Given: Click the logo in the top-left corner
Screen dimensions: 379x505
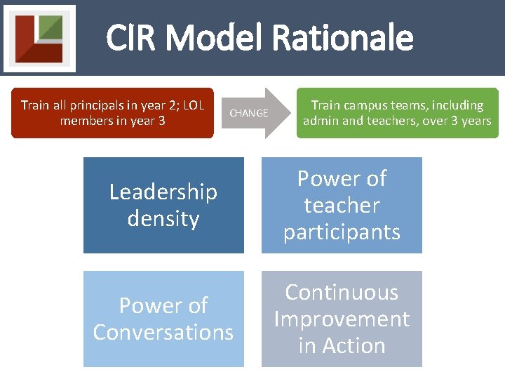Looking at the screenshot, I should click(x=39, y=38).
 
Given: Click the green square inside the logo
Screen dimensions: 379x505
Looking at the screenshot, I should click(x=50, y=28).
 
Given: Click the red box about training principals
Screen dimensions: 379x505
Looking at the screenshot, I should click(x=112, y=112).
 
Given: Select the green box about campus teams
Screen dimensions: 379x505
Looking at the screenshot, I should click(x=397, y=112).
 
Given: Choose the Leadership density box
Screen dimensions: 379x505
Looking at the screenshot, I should click(x=163, y=205).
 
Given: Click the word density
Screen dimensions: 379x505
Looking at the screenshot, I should click(x=163, y=218).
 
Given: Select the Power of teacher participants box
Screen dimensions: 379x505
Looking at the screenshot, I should click(x=342, y=205).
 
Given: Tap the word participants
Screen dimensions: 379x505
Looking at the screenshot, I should click(x=342, y=232).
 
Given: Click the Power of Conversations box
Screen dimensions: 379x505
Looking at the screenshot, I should click(x=163, y=319).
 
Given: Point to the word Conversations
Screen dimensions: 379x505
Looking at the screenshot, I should click(x=163, y=332).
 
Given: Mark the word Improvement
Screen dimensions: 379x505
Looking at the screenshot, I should click(x=342, y=319).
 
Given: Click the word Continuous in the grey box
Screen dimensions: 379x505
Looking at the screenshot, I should click(x=342, y=292).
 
